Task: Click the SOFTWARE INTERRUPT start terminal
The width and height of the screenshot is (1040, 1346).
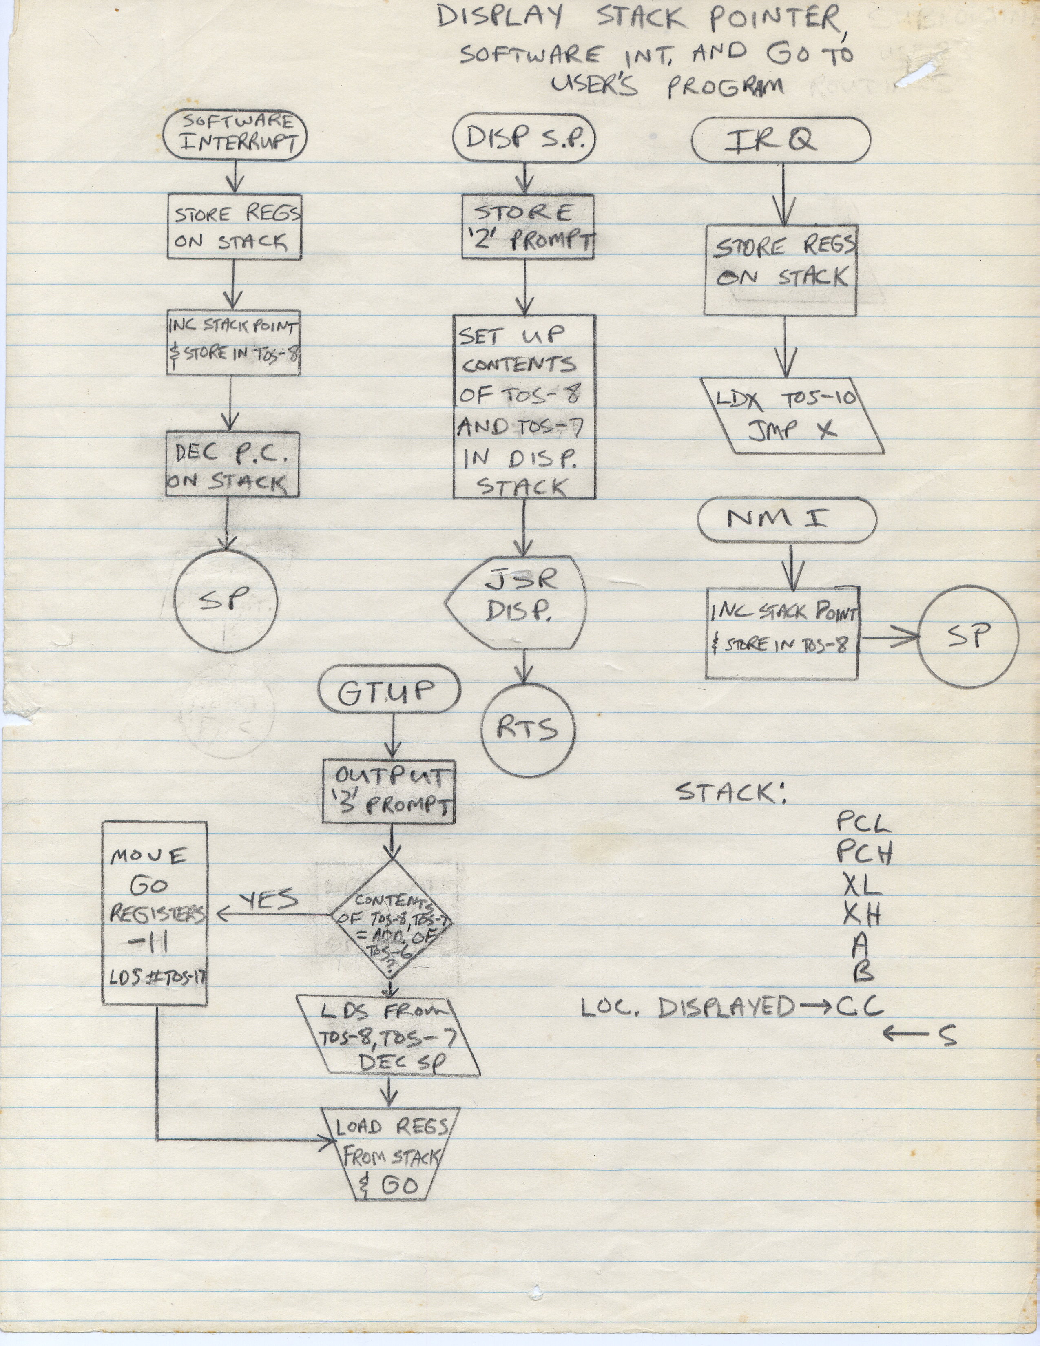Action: tap(235, 136)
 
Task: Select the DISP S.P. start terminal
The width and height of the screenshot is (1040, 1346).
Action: tap(524, 139)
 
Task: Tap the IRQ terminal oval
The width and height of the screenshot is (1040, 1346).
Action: tap(781, 141)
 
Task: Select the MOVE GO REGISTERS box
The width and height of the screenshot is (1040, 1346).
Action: tap(154, 913)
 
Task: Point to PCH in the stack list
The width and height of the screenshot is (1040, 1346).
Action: tap(864, 853)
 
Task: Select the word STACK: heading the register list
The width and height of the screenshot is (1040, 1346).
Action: tap(731, 793)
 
